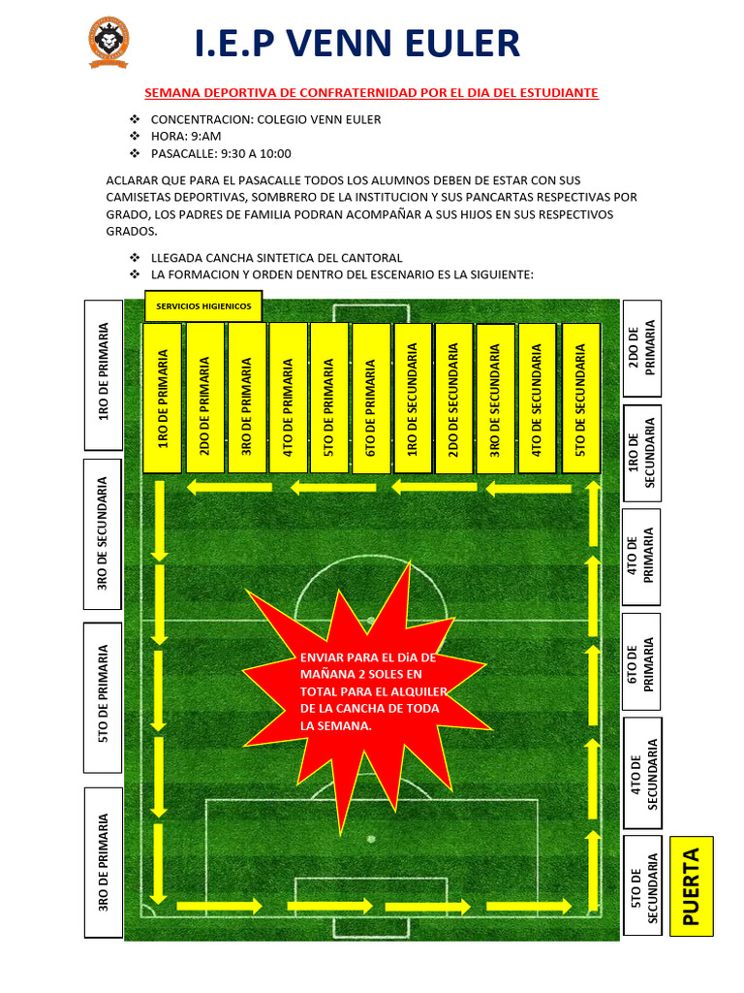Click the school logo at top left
pyautogui.click(x=108, y=44)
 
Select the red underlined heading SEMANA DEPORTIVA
pyautogui.click(x=371, y=93)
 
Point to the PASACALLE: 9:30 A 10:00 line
pyautogui.click(x=221, y=153)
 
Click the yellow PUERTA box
pyautogui.click(x=691, y=885)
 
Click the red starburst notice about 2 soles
pyautogui.click(x=372, y=690)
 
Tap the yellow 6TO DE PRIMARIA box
pyautogui.click(x=371, y=398)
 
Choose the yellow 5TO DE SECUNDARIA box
pyautogui.click(x=580, y=398)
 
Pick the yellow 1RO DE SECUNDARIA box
pyautogui.click(x=413, y=398)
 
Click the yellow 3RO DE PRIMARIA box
pyautogui.click(x=246, y=398)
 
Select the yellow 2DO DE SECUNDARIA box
pyautogui.click(x=454, y=398)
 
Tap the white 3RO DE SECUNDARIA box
pyautogui.click(x=104, y=532)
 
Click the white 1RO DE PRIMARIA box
pyautogui.click(x=104, y=374)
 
